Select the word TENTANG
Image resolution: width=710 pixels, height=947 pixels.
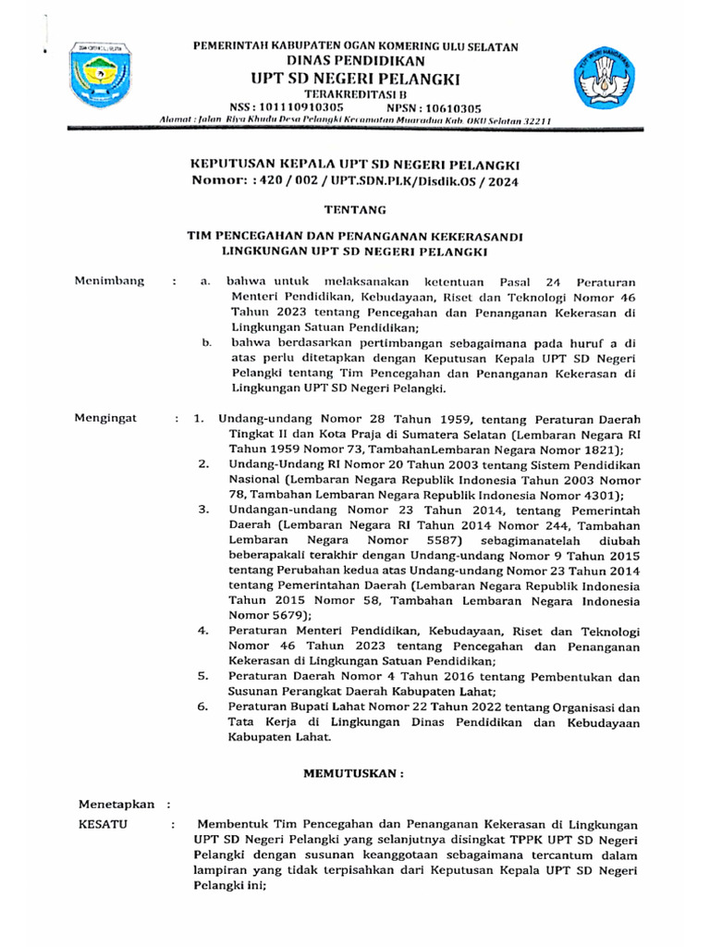point(355,211)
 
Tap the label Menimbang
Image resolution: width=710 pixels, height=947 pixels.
point(111,281)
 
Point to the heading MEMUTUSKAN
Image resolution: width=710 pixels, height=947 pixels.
point(355,770)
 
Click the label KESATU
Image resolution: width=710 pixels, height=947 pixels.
point(104,823)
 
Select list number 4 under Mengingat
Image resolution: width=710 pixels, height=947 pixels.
point(203,630)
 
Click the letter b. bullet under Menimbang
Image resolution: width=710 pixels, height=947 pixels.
point(206,343)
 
